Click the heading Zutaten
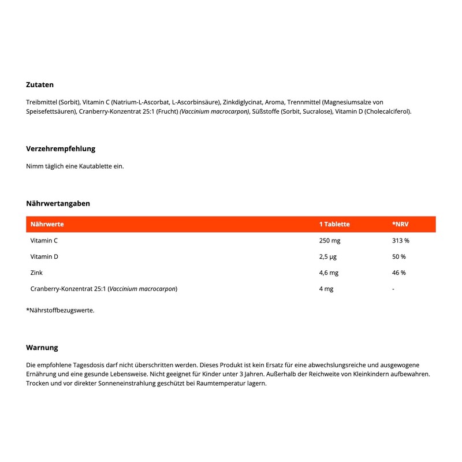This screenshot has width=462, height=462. [40, 85]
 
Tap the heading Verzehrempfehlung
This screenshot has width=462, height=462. [61, 148]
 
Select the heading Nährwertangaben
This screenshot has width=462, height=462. [58, 203]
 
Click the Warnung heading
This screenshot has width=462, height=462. [42, 348]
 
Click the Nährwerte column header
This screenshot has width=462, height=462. [47, 224]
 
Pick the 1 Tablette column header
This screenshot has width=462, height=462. [334, 224]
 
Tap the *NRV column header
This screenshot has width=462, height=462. [400, 224]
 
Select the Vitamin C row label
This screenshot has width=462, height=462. [44, 240]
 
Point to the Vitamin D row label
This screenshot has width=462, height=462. [44, 256]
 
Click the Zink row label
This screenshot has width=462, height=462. [36, 273]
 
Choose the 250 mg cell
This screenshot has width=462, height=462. [329, 240]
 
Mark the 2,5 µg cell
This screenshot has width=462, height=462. [328, 256]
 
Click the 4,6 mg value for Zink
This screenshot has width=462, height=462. [329, 273]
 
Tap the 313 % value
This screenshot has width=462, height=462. [400, 240]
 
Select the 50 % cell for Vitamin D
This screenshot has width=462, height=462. [398, 256]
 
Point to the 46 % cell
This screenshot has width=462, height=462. [398, 273]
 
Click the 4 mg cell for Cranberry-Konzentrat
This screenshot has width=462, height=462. [326, 289]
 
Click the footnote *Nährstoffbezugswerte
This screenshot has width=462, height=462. [60, 310]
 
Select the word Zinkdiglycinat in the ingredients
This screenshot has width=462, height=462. [239, 102]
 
